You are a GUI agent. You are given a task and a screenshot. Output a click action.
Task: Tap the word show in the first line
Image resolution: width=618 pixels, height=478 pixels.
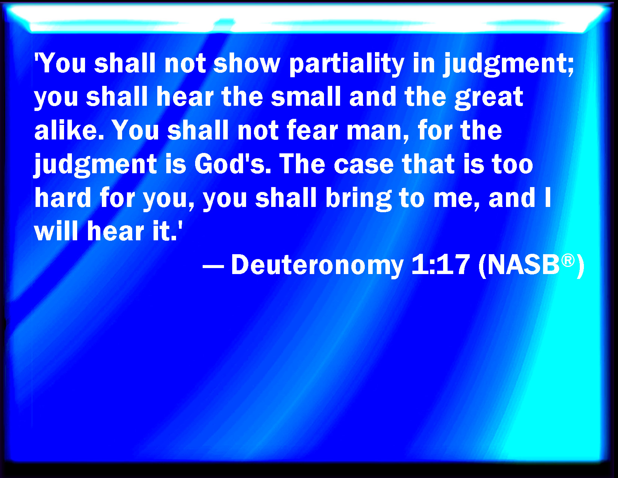[x=246, y=63]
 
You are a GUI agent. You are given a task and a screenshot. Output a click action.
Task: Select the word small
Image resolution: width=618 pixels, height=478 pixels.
[x=306, y=96]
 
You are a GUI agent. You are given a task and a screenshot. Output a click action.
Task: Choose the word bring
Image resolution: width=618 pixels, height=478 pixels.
[x=358, y=199]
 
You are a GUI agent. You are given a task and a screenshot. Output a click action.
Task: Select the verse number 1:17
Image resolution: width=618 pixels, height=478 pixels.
[x=440, y=264]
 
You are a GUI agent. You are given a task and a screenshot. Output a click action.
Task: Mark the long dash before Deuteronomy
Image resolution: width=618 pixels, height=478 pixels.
[x=213, y=268]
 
